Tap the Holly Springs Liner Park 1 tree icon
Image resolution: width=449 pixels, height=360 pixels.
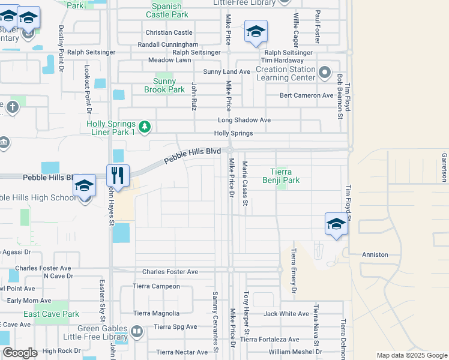(x=144, y=127)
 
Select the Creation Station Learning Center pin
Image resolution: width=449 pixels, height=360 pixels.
(x=325, y=73)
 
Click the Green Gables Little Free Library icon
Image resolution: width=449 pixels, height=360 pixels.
(x=137, y=331)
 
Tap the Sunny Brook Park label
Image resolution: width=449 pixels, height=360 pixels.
(x=164, y=85)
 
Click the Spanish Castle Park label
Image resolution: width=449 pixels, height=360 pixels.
(x=167, y=10)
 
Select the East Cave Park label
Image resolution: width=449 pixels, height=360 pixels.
(x=51, y=314)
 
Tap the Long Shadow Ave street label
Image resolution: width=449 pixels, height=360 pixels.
(x=244, y=120)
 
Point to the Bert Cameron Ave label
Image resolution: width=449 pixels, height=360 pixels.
(x=306, y=95)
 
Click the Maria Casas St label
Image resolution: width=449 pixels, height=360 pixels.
(x=245, y=183)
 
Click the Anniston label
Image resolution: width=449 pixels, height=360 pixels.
(x=375, y=254)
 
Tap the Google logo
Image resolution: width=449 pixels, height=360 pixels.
(x=20, y=353)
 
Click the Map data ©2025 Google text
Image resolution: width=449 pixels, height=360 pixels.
(x=411, y=355)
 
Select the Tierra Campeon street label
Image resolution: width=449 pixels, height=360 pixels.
(x=156, y=286)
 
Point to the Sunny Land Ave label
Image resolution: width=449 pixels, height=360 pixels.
(x=226, y=71)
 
